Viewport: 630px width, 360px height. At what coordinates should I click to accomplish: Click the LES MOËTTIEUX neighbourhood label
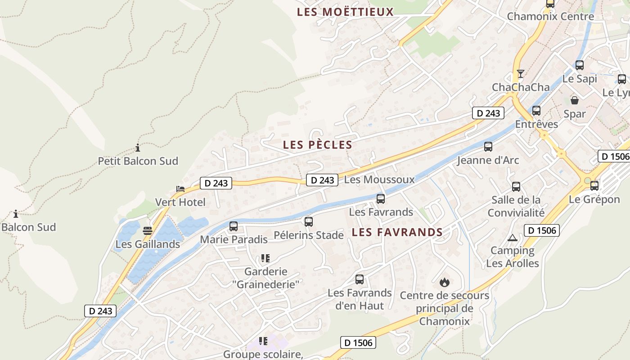click(345, 12)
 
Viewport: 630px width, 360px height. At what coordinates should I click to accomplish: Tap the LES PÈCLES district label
click(317, 144)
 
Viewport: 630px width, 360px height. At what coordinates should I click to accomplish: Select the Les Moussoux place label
click(379, 180)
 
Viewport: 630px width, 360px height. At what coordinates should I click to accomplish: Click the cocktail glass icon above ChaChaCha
click(521, 74)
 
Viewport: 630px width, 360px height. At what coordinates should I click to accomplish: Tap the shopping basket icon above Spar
click(575, 100)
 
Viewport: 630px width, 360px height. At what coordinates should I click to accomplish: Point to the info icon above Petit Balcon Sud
click(138, 148)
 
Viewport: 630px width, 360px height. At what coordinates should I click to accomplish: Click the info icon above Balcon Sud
click(16, 214)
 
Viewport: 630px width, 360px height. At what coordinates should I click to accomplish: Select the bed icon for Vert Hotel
click(180, 189)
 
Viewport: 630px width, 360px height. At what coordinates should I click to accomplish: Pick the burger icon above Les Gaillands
click(148, 231)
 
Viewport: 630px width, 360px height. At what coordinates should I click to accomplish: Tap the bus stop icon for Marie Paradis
click(233, 226)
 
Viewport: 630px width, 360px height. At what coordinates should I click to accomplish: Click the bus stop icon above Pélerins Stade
click(308, 221)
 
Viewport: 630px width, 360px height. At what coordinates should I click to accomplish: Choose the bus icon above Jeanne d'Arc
click(488, 146)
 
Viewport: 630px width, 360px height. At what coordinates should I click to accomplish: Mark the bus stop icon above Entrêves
click(536, 110)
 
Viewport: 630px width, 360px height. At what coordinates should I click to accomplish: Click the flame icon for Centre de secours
click(445, 283)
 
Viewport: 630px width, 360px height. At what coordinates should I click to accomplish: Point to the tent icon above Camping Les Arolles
click(512, 238)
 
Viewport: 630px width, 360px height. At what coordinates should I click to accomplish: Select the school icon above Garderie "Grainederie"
click(265, 258)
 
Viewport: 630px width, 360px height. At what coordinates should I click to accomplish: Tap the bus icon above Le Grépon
click(594, 185)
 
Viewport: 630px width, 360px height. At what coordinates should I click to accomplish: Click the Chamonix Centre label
click(550, 17)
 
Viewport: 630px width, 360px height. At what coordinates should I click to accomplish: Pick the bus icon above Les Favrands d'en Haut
click(359, 279)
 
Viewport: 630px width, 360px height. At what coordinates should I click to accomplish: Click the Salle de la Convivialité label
click(516, 206)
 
